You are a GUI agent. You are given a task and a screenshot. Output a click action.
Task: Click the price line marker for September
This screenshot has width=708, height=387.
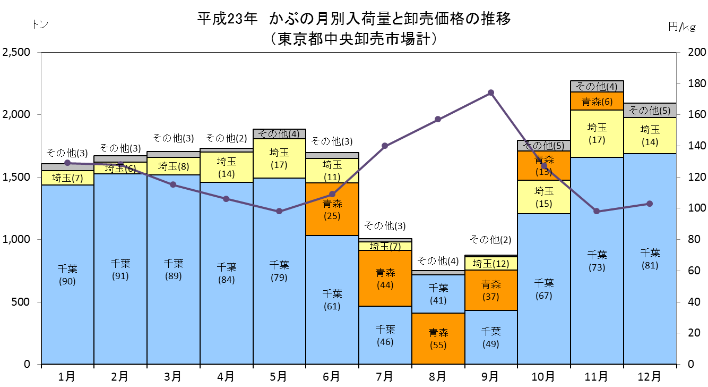pyautogui.click(x=491, y=93)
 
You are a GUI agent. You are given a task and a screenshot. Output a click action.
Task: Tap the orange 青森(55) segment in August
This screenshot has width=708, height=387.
pyautogui.click(x=438, y=338)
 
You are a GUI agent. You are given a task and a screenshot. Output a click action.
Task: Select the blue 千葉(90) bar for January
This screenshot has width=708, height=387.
pyautogui.click(x=67, y=274)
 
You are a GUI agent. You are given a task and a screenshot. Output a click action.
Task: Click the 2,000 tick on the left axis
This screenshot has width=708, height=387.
pyautogui.click(x=16, y=114)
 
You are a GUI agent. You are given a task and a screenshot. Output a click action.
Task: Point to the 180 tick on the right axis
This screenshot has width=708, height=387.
pyautogui.click(x=697, y=83)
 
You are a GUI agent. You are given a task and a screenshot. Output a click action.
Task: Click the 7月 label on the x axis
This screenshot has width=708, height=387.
pyautogui.click(x=385, y=376)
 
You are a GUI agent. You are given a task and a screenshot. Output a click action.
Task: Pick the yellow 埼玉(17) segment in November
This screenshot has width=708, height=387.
pyautogui.click(x=597, y=133)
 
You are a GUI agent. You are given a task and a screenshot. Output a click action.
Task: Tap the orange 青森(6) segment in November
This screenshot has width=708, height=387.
pyautogui.click(x=597, y=101)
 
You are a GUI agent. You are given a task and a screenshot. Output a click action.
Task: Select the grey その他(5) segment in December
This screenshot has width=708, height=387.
pyautogui.click(x=650, y=111)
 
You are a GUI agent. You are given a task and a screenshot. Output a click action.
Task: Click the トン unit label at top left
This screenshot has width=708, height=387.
pyautogui.click(x=40, y=24)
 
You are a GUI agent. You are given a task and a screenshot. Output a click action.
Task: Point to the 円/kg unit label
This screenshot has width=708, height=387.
pyautogui.click(x=682, y=27)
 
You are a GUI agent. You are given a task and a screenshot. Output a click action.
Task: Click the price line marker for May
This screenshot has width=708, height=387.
pyautogui.click(x=279, y=211)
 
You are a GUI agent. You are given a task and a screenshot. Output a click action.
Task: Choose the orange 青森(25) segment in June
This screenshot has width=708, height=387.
pyautogui.click(x=332, y=209)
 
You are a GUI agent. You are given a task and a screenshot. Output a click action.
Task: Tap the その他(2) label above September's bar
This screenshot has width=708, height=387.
pyautogui.click(x=490, y=239)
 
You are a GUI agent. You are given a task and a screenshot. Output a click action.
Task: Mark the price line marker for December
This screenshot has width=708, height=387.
pyautogui.click(x=650, y=204)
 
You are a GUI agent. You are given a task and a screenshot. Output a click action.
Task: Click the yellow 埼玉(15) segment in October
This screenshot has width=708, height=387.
pyautogui.click(x=544, y=197)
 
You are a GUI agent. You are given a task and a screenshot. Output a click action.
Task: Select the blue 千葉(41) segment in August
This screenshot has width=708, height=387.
pyautogui.click(x=438, y=294)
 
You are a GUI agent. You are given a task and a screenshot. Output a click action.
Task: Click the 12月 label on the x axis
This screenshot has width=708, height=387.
pyautogui.click(x=650, y=376)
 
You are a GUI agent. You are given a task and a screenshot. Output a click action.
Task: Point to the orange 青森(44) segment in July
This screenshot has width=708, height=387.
pyautogui.click(x=385, y=278)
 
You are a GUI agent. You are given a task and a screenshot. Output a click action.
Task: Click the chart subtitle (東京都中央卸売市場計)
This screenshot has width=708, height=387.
pyautogui.click(x=354, y=39)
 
